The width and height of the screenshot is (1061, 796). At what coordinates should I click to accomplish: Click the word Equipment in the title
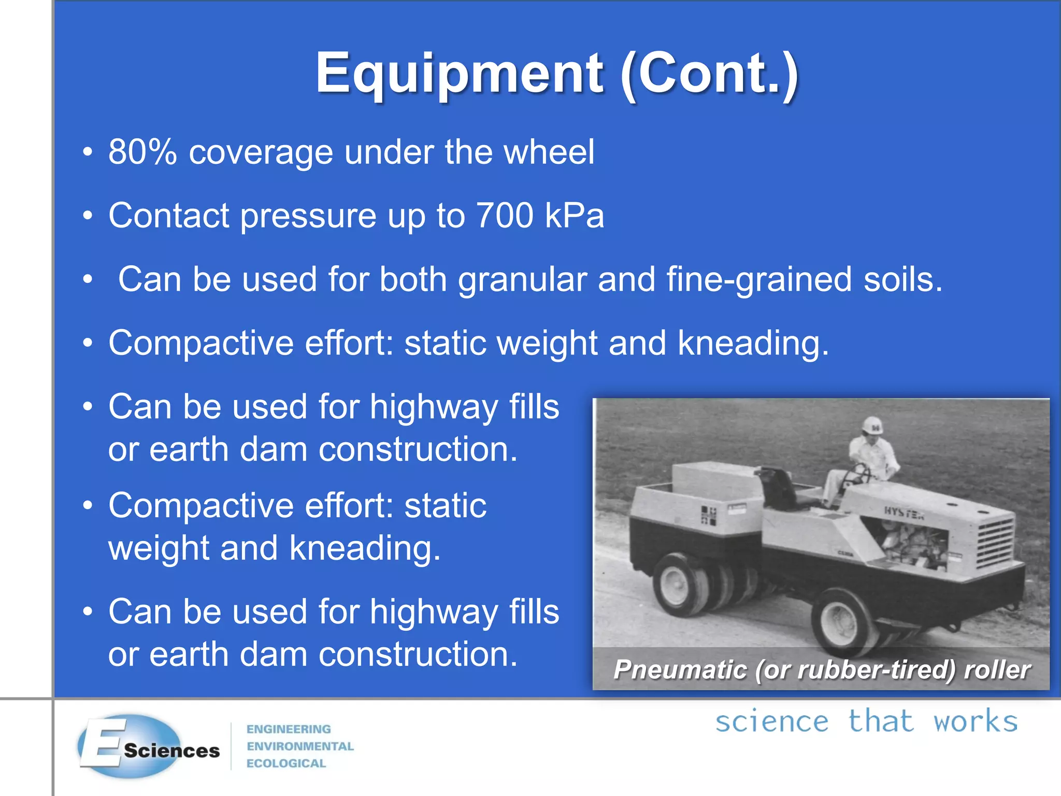(459, 74)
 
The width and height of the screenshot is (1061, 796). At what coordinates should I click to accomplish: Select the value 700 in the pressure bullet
(505, 216)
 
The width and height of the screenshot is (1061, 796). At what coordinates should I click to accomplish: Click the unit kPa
(575, 216)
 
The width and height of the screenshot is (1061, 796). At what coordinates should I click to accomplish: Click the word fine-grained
(758, 280)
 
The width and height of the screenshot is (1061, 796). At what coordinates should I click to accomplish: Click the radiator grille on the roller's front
(994, 544)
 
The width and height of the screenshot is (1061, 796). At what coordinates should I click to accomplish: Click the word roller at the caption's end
(997, 670)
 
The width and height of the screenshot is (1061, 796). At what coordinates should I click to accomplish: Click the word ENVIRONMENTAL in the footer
(300, 746)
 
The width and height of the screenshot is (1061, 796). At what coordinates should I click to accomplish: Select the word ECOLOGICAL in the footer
(286, 763)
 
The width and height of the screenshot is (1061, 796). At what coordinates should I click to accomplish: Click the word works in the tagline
(975, 722)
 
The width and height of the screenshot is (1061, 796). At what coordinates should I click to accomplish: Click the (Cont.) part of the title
(709, 74)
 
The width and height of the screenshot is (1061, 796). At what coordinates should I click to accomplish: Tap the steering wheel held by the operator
(857, 474)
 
